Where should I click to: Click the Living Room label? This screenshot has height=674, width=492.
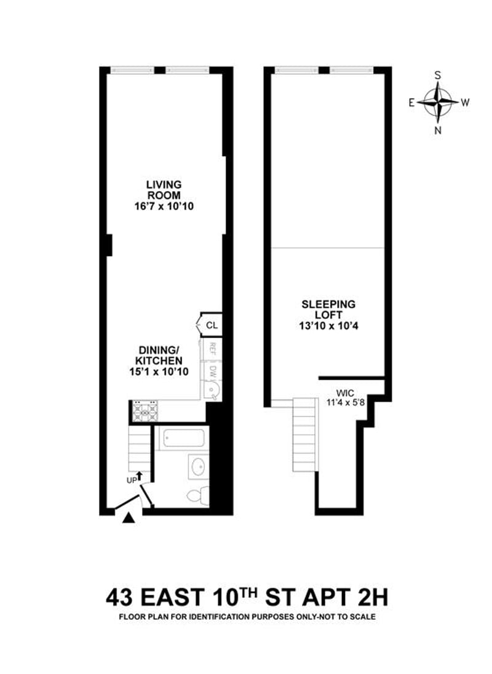point(164,190)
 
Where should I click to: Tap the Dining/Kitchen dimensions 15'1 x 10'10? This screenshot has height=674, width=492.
point(159,371)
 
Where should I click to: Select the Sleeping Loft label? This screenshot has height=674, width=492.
point(328,310)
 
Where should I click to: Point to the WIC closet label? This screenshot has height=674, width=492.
point(345,393)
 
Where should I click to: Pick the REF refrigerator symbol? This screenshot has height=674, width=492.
point(212,347)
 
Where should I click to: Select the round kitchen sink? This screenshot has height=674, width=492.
point(212,391)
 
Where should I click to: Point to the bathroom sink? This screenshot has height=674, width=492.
point(198,467)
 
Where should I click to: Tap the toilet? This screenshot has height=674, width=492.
point(199,495)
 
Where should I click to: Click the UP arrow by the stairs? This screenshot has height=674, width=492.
point(139,476)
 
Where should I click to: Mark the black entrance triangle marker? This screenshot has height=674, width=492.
point(129,519)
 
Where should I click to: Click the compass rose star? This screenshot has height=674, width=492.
point(438,103)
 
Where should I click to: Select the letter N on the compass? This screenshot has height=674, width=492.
point(438,131)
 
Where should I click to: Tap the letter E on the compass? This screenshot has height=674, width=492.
point(411,103)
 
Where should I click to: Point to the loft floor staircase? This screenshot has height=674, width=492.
point(304,434)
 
